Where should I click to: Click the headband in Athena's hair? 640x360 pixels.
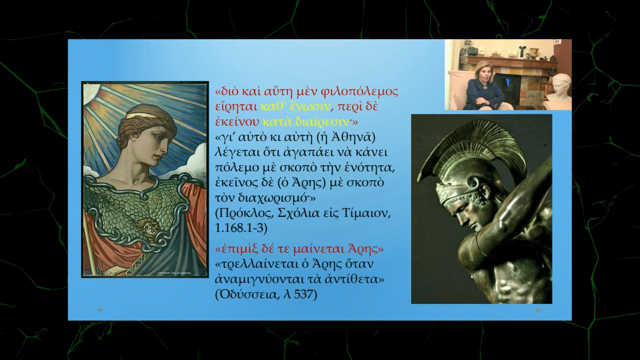coord(140,115)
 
